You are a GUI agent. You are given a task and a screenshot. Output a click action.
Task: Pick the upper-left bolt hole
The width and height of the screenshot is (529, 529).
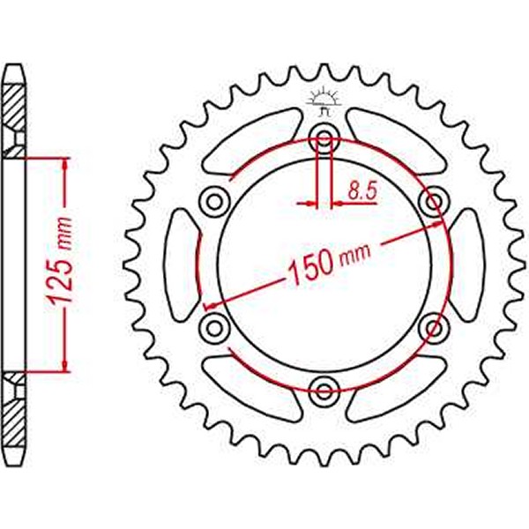213,200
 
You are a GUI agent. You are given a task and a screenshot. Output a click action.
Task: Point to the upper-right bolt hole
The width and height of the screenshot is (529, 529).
433,201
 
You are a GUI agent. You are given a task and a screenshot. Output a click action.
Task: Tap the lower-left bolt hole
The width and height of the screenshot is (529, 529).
213,328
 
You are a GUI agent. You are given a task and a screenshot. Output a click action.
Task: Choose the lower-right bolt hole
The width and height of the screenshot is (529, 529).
433,328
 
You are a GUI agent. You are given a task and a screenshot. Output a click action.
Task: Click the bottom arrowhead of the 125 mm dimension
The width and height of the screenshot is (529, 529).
65,365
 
